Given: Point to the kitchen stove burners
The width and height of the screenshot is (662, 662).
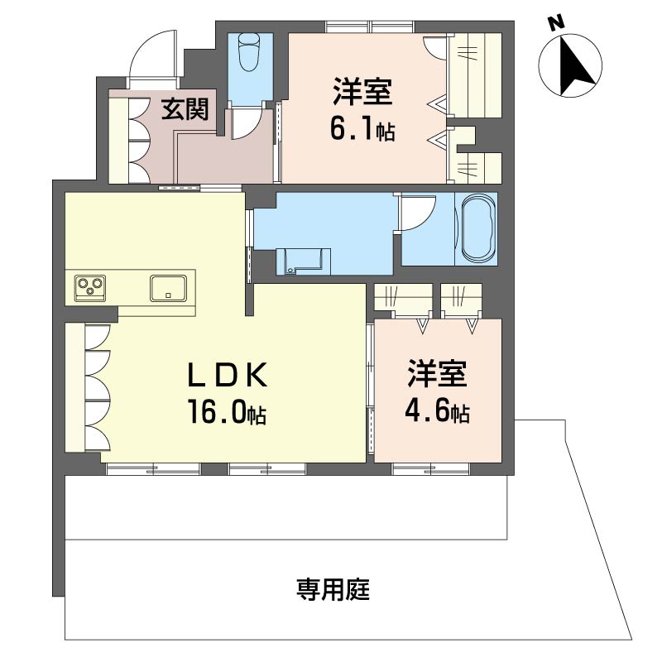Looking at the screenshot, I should [x=89, y=287].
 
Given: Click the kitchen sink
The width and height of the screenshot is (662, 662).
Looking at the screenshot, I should [x=169, y=288].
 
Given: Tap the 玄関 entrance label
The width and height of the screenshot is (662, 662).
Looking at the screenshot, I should [x=184, y=108].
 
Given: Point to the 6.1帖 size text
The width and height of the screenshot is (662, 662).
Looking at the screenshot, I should [x=362, y=130].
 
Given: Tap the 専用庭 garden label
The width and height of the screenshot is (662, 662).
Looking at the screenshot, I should [x=333, y=590].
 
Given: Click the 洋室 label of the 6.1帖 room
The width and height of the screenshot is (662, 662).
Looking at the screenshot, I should [x=362, y=92].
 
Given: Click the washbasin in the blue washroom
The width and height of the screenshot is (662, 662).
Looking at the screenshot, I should [x=300, y=259].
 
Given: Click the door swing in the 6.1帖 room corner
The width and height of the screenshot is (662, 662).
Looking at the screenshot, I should [x=435, y=48].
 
